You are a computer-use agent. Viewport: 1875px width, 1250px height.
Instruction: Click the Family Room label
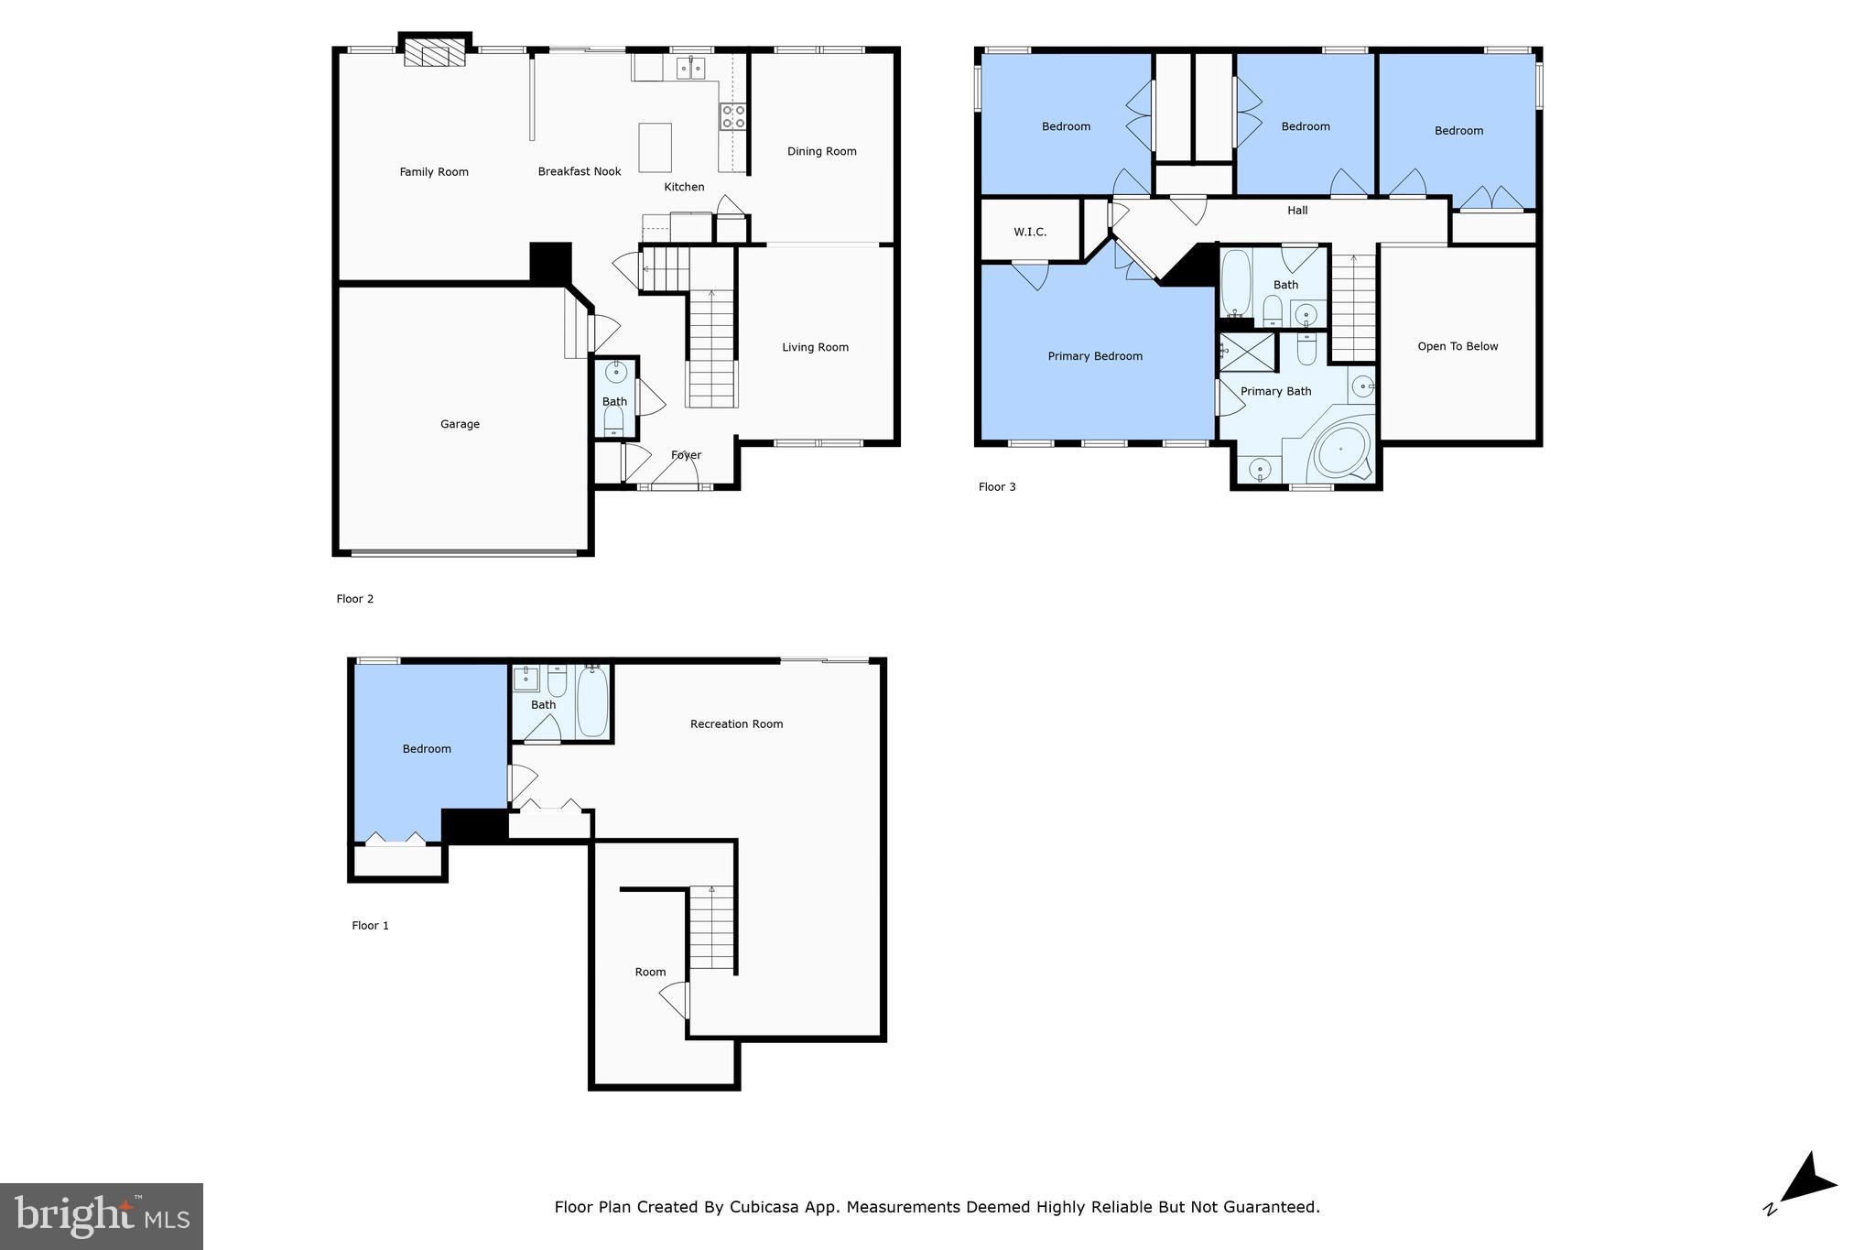click(434, 172)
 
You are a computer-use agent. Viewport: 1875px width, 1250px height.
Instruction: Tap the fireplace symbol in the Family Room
click(435, 53)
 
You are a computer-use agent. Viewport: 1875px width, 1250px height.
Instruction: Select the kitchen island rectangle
click(655, 147)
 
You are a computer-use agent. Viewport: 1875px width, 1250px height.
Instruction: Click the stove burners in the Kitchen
click(732, 116)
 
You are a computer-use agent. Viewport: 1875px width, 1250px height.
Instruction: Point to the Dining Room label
click(821, 152)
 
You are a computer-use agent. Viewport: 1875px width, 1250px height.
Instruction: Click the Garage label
click(460, 424)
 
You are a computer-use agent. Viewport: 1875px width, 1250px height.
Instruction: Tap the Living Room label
click(815, 347)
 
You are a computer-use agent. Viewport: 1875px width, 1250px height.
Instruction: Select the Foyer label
click(686, 455)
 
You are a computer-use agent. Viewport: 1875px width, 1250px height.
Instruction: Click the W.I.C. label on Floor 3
click(1030, 233)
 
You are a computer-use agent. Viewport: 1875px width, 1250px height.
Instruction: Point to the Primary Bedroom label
click(1095, 356)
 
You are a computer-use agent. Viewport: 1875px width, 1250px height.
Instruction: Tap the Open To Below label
click(1458, 346)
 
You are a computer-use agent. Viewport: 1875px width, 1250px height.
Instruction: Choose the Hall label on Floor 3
click(1297, 211)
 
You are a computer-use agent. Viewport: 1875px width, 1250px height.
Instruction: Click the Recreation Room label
click(736, 724)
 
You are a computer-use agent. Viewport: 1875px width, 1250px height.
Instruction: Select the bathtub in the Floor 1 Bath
click(592, 701)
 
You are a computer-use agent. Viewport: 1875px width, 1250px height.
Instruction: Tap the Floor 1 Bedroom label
click(427, 749)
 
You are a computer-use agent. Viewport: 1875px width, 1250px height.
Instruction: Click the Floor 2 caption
click(355, 599)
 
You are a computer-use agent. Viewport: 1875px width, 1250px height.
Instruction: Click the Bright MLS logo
click(102, 1216)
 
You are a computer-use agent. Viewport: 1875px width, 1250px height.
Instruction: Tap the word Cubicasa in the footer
click(765, 1207)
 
